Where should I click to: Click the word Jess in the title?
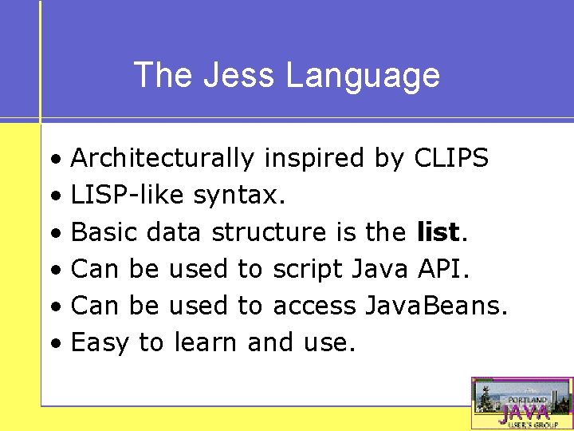click(x=242, y=75)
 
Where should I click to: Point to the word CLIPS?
click(x=451, y=158)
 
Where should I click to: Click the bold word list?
click(x=438, y=231)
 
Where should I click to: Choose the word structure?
click(x=268, y=232)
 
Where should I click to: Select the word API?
click(x=444, y=269)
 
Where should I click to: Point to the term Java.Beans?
click(x=435, y=306)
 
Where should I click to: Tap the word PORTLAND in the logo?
click(x=523, y=400)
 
